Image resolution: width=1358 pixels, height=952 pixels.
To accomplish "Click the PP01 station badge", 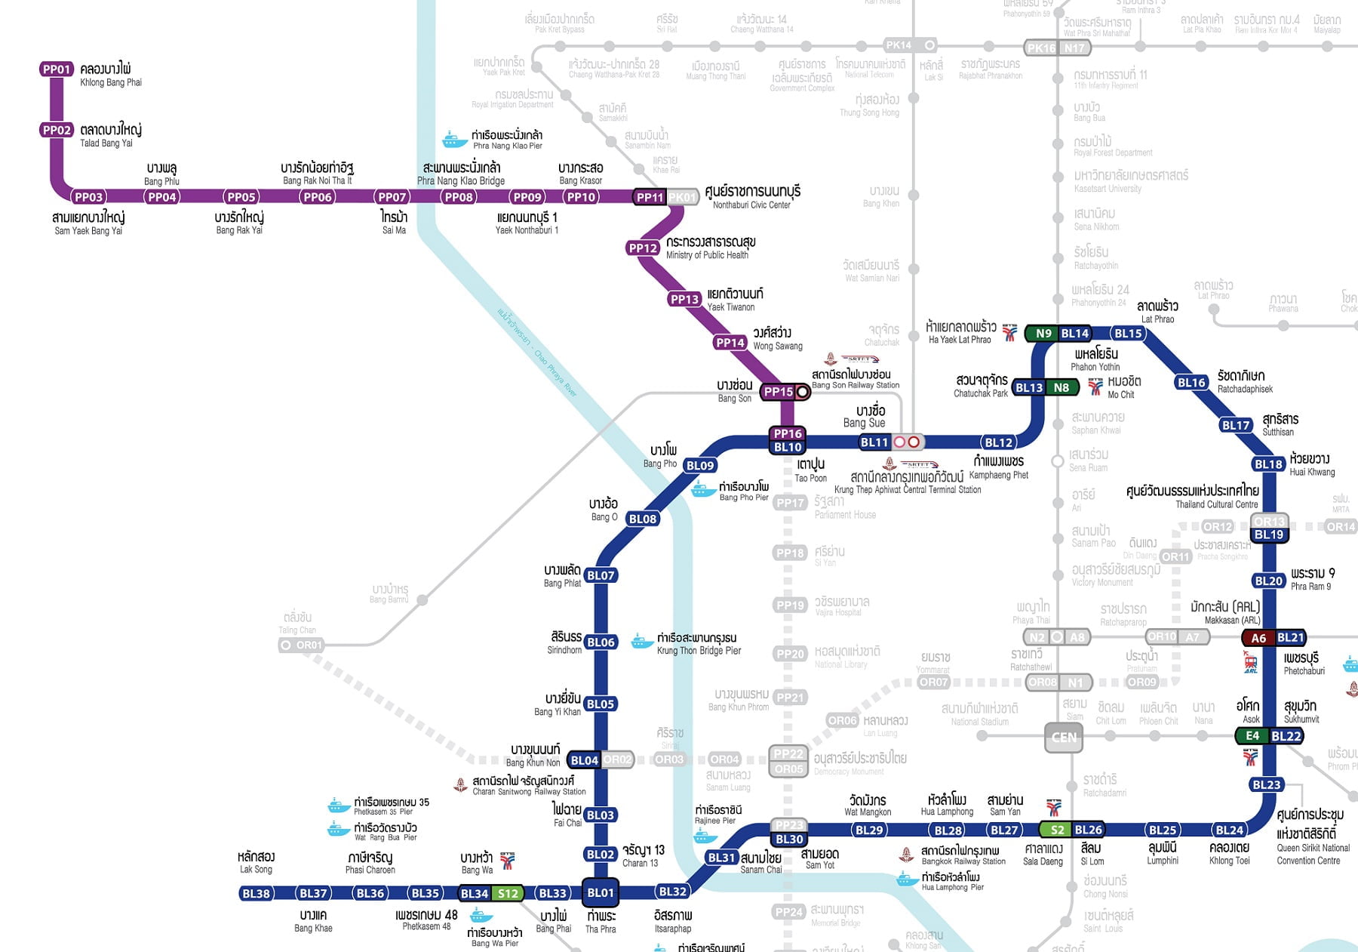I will click(x=57, y=69).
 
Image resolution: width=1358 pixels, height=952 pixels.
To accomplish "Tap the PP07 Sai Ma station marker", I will click(x=392, y=197).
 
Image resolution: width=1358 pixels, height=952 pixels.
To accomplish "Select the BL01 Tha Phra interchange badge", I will click(x=601, y=893).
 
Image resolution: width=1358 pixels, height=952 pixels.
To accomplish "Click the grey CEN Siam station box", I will click(x=1064, y=738).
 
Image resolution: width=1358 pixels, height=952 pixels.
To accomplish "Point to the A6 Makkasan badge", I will click(x=1258, y=638).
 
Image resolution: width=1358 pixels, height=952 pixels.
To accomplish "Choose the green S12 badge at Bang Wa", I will click(x=508, y=894).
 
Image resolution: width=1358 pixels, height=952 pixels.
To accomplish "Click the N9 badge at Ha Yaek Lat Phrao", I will click(x=1043, y=333).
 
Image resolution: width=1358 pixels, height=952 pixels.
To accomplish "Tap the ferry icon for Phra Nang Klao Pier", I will click(x=455, y=140).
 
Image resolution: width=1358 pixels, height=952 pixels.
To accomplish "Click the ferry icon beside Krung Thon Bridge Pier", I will click(x=642, y=642).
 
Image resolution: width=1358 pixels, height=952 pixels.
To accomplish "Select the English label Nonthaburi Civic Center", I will click(x=751, y=205).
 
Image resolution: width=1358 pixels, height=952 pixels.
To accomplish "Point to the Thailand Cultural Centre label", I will click(x=1216, y=504).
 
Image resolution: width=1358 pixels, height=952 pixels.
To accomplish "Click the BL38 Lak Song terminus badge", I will click(x=256, y=894).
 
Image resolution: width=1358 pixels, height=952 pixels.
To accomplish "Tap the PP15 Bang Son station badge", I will click(x=778, y=392).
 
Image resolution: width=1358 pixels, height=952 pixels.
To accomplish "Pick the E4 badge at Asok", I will click(x=1252, y=736).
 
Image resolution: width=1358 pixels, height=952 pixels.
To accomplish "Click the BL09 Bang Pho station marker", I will click(x=700, y=466).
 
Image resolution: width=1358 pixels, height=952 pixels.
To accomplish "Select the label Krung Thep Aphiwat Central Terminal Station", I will click(x=908, y=490).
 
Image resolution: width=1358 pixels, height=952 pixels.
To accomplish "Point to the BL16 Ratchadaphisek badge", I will click(x=1192, y=383).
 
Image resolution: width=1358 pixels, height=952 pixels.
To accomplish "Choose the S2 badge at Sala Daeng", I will click(x=1058, y=830).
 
